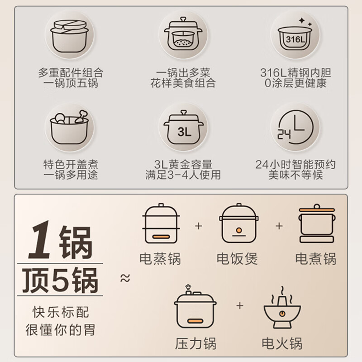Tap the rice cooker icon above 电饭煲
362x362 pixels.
point(238,225)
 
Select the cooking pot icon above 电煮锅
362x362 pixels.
point(316,225)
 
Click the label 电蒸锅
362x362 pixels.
point(160,259)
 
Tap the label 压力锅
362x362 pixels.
point(195,343)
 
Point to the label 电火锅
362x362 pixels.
point(282,343)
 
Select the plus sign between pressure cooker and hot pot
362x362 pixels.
point(239,306)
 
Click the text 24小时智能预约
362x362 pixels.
point(295,164)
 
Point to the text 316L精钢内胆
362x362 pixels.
point(295,72)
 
